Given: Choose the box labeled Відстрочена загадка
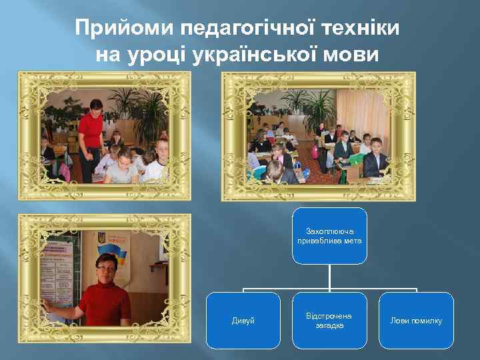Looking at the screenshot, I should tap(329, 321).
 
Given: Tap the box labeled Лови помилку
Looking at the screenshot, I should tap(417, 321).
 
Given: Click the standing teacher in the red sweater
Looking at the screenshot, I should tap(91, 133).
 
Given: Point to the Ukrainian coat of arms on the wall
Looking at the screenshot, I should tap(101, 238).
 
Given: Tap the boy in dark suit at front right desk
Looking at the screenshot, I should tap(376, 157).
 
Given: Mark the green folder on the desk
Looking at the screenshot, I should tap(355, 159).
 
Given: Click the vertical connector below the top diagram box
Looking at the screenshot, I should tap(329, 277).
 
